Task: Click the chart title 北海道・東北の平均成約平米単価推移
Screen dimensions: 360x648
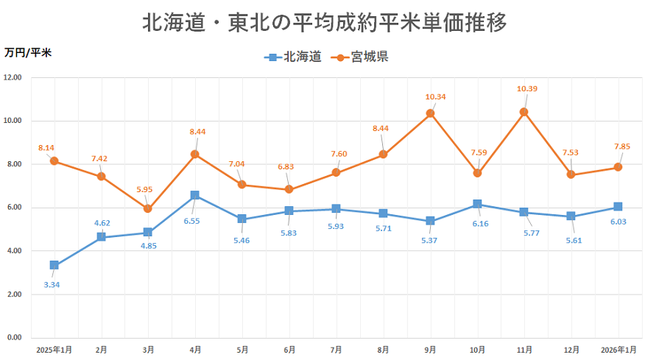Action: pos(324,23)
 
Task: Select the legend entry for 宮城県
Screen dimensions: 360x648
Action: pos(360,57)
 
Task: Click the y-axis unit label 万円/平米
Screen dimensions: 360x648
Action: pos(28,52)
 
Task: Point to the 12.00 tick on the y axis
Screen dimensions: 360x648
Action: pos(13,77)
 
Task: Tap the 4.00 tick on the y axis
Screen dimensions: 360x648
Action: pos(13,251)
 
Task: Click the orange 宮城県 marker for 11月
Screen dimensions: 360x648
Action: pos(524,112)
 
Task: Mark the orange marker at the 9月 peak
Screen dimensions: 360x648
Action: pos(430,113)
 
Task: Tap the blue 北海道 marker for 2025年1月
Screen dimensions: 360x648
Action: pos(54,265)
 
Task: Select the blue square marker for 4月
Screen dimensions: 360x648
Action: pos(195,195)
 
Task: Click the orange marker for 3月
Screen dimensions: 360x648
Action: pos(148,208)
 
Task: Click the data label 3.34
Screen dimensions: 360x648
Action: pos(52,284)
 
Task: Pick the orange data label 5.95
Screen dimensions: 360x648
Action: pos(144,189)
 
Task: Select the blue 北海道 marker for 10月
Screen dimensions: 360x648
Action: pos(477,204)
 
